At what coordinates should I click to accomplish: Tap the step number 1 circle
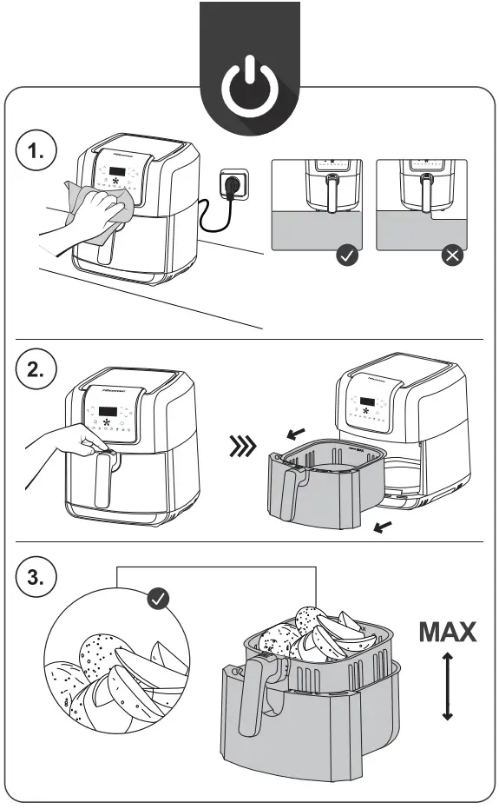pyautogui.click(x=36, y=153)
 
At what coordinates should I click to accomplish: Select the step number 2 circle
pyautogui.click(x=36, y=370)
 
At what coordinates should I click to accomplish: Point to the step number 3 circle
pyautogui.click(x=36, y=578)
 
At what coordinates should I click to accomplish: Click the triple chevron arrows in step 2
pyautogui.click(x=241, y=448)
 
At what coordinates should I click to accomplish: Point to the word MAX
pyautogui.click(x=447, y=632)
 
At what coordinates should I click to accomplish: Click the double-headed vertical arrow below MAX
pyautogui.click(x=447, y=686)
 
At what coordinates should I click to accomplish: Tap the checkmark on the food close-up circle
pyautogui.click(x=159, y=598)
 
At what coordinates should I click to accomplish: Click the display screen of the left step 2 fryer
pyautogui.click(x=108, y=411)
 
